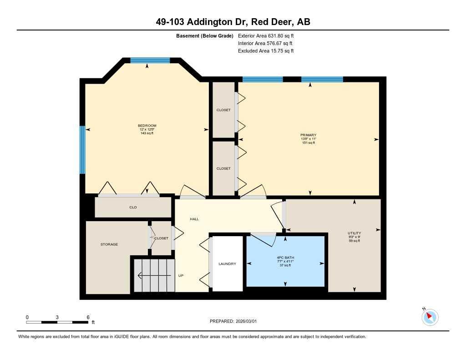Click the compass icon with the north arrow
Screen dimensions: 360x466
(430, 317)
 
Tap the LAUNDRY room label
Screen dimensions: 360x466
(227, 264)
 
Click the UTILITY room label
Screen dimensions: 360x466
(354, 233)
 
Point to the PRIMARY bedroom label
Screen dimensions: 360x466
(308, 135)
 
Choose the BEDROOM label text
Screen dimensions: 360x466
(147, 126)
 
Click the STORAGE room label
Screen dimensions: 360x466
(109, 244)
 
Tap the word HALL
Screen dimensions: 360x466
(194, 219)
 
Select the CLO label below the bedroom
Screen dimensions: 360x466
(133, 208)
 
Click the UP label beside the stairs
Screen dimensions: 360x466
(181, 275)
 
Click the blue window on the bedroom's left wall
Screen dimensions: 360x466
(82, 150)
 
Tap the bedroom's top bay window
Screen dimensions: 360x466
(150, 60)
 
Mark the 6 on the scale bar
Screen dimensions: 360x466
(88, 317)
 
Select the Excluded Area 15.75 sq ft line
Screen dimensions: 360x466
(266, 51)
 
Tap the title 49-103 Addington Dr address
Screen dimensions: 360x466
(233, 22)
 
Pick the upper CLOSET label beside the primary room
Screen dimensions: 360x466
(223, 110)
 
